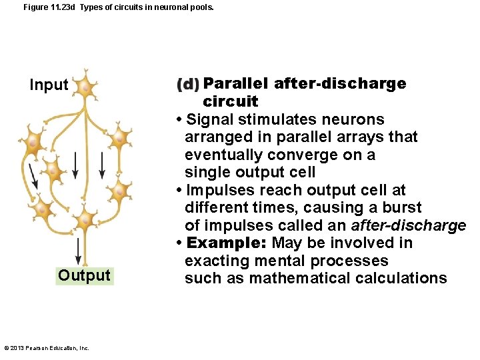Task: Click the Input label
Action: tap(49, 85)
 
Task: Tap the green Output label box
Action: tap(84, 275)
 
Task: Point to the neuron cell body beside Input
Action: tap(84, 87)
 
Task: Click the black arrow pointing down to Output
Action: tap(79, 251)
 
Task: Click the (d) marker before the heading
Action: tap(188, 85)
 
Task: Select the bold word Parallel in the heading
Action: tap(235, 83)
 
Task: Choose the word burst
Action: tap(402, 207)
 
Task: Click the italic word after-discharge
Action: tap(409, 225)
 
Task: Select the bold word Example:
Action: tap(227, 243)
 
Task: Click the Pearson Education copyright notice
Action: tap(47, 348)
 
